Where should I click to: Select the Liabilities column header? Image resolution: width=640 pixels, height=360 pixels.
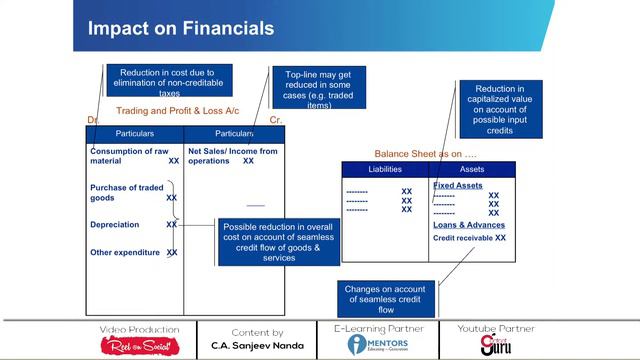[x=385, y=170]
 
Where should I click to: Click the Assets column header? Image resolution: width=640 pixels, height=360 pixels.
[x=472, y=170]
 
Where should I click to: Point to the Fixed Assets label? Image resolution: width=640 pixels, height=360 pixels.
[x=458, y=186]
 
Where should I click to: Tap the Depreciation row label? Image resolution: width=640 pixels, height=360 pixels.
[x=114, y=225]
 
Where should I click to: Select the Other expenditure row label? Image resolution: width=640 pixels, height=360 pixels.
[x=125, y=252]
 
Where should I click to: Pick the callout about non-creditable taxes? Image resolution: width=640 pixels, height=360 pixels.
[x=169, y=80]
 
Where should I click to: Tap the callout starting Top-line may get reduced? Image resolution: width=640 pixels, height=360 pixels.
[x=319, y=90]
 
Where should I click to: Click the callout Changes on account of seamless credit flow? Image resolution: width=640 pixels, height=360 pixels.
[x=386, y=296]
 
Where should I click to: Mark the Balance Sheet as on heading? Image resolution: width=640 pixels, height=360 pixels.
[x=426, y=153]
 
